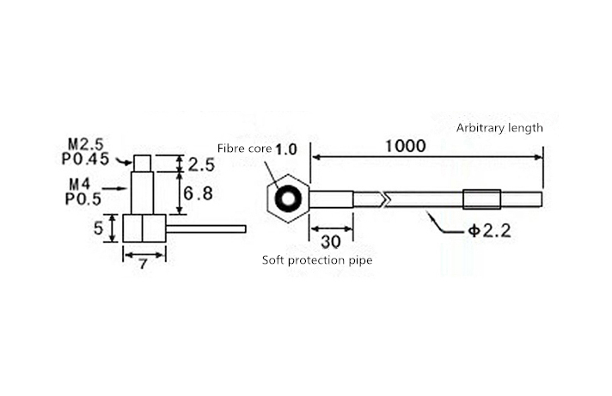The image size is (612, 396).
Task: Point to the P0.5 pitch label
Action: coord(83,198)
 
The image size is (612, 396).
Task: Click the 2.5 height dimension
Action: coord(200,164)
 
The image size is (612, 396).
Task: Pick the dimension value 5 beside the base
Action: coord(98,228)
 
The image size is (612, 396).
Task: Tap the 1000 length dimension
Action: coord(405,146)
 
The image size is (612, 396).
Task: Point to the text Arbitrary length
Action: coord(499,128)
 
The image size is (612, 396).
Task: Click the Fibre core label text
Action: coord(244,149)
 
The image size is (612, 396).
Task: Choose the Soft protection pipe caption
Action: coord(317,259)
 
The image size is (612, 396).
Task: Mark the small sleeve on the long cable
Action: coord(480,199)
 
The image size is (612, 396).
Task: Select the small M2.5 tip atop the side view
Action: coord(143,163)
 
